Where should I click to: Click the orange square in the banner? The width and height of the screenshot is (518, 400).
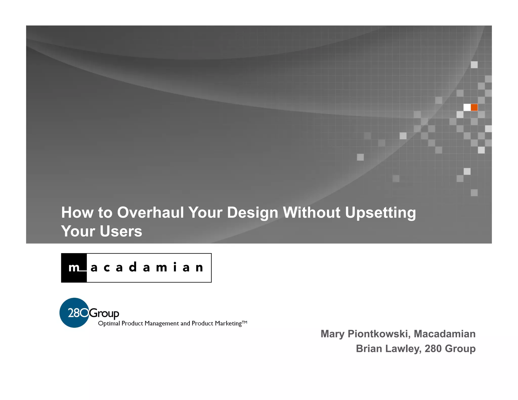coord(474,107)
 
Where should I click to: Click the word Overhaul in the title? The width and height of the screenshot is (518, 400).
coord(150,212)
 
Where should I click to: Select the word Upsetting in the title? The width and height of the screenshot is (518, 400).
coord(380,213)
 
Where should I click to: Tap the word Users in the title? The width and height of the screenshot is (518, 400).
coord(121,231)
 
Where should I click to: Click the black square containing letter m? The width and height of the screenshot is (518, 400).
coord(74,268)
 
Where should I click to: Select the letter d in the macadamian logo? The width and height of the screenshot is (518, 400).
coord(133,267)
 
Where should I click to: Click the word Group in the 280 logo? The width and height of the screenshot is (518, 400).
coord(104,314)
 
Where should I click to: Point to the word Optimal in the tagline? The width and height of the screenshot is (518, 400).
coord(109,324)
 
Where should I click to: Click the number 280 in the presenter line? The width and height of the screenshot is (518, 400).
coord(433,349)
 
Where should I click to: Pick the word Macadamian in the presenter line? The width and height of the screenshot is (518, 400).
coord(444,334)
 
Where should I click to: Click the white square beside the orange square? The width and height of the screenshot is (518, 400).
coord(467,107)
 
